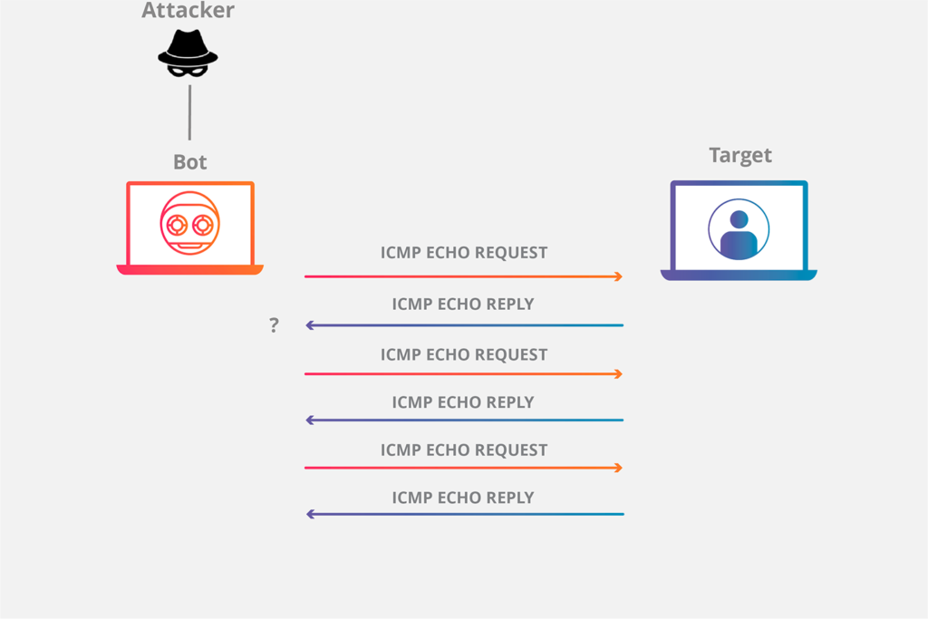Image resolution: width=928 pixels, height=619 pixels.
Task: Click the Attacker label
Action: pyautogui.click(x=188, y=11)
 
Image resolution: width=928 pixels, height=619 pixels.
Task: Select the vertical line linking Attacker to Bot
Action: pyautogui.click(x=189, y=112)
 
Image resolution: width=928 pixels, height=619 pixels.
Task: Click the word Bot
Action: pyautogui.click(x=190, y=162)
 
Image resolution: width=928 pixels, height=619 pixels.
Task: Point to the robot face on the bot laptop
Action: pyautogui.click(x=190, y=221)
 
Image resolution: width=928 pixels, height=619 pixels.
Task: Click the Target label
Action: pyautogui.click(x=740, y=155)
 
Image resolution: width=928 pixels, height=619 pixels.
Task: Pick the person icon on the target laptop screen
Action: pyautogui.click(x=739, y=229)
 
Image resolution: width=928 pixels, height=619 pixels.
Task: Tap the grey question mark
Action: pyautogui.click(x=274, y=325)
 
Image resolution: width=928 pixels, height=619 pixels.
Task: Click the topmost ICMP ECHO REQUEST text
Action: pyautogui.click(x=464, y=253)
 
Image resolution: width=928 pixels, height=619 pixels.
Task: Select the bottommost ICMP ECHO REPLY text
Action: pyautogui.click(x=463, y=498)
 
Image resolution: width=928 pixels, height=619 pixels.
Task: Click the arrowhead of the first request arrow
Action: pyautogui.click(x=619, y=276)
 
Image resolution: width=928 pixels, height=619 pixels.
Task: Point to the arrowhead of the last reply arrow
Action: pyautogui.click(x=310, y=514)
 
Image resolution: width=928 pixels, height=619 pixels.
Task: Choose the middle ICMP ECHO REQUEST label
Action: pyautogui.click(x=464, y=354)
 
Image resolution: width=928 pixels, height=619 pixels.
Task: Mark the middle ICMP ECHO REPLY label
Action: pyautogui.click(x=463, y=402)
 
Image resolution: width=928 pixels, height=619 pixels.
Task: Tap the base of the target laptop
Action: pyautogui.click(x=739, y=276)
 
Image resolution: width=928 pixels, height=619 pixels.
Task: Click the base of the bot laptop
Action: pyautogui.click(x=190, y=270)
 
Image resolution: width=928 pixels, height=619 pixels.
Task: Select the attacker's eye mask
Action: pyautogui.click(x=188, y=68)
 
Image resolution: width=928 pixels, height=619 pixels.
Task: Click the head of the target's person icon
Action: pyautogui.click(x=739, y=218)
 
